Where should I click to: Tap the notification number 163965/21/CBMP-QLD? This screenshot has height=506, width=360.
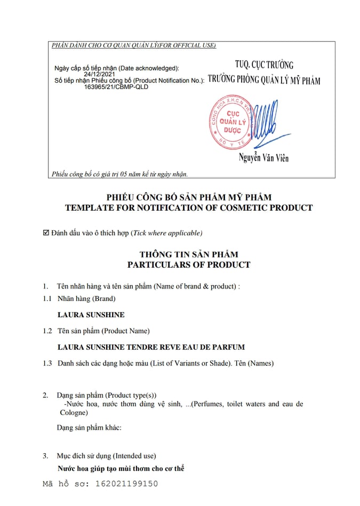[x=116, y=86]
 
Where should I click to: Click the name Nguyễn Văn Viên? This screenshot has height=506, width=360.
[x=264, y=158]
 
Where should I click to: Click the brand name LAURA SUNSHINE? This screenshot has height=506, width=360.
[x=91, y=315]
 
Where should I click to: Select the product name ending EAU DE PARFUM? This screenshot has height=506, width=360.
[x=151, y=347]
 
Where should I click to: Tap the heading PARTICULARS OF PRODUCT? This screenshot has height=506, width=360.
[x=188, y=264]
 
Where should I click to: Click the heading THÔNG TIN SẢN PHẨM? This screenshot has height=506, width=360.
[x=188, y=254]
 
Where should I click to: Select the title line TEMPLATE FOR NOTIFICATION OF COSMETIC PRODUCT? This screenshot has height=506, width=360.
[x=188, y=207]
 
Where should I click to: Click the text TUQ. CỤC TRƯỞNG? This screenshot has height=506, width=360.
[x=265, y=65]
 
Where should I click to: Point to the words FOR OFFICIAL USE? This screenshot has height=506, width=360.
[x=193, y=45]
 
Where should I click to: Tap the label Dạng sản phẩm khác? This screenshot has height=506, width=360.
[x=90, y=428]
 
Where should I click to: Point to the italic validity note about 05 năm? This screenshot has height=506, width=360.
[x=119, y=173]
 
